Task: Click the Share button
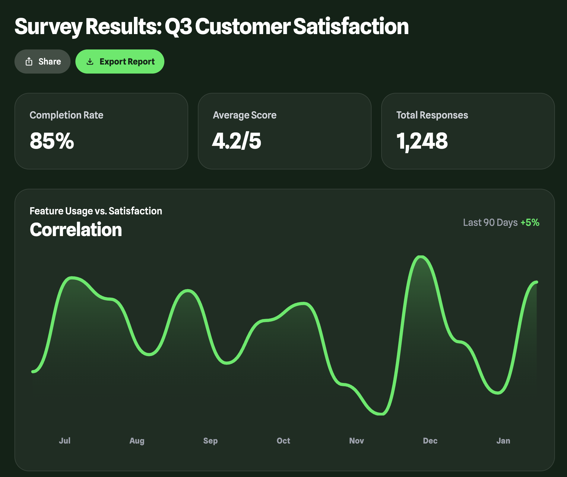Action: [x=43, y=62]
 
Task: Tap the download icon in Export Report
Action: [x=90, y=62]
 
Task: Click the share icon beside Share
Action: [x=29, y=62]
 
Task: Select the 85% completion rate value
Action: [x=52, y=141]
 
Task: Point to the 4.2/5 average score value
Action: [x=237, y=141]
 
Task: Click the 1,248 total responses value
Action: [x=422, y=141]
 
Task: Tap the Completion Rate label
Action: [x=66, y=115]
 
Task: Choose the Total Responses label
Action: [x=432, y=115]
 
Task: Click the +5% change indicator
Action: [x=530, y=223]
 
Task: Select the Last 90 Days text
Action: [x=490, y=223]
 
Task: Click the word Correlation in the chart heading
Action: [x=76, y=230]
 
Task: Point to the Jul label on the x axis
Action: [x=65, y=441]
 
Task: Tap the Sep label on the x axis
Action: [x=210, y=441]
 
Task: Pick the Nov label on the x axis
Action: [x=356, y=441]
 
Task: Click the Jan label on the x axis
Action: [x=503, y=441]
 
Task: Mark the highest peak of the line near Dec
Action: [x=420, y=257]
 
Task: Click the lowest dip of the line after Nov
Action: [x=381, y=414]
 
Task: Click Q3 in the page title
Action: [x=178, y=27]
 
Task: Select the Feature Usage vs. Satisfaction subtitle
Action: [x=96, y=211]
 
